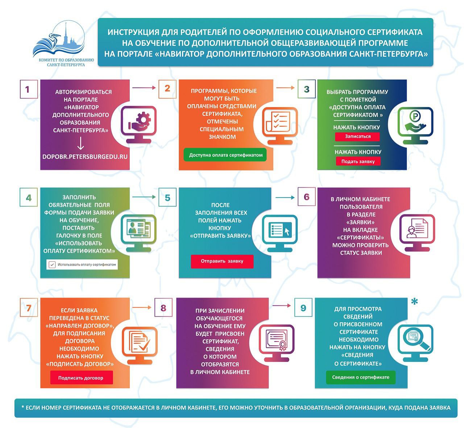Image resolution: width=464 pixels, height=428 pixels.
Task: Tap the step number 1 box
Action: click(x=28, y=89)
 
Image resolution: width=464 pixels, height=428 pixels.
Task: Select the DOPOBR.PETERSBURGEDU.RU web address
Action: click(x=85, y=156)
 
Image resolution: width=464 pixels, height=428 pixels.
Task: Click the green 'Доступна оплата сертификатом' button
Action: click(x=225, y=155)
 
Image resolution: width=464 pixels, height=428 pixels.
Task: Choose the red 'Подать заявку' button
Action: click(x=358, y=161)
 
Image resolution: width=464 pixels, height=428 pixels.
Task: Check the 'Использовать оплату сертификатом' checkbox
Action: click(x=52, y=264)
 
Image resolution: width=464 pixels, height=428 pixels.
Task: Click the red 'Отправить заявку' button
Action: click(x=222, y=261)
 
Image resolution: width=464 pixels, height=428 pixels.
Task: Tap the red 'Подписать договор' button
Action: click(x=81, y=378)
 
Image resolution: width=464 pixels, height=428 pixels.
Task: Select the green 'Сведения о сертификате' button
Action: click(x=360, y=377)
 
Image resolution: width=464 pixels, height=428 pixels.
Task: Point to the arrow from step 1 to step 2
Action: click(x=144, y=88)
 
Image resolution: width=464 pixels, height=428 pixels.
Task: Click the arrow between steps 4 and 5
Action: click(x=144, y=197)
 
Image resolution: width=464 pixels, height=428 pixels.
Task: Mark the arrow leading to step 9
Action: click(x=281, y=306)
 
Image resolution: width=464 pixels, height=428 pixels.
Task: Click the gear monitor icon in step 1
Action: click(x=138, y=122)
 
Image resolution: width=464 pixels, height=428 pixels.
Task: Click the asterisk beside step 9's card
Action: click(x=415, y=302)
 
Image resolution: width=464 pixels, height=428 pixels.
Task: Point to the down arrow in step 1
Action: click(x=80, y=143)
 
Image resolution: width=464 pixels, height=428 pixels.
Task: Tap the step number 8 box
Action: click(x=163, y=308)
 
